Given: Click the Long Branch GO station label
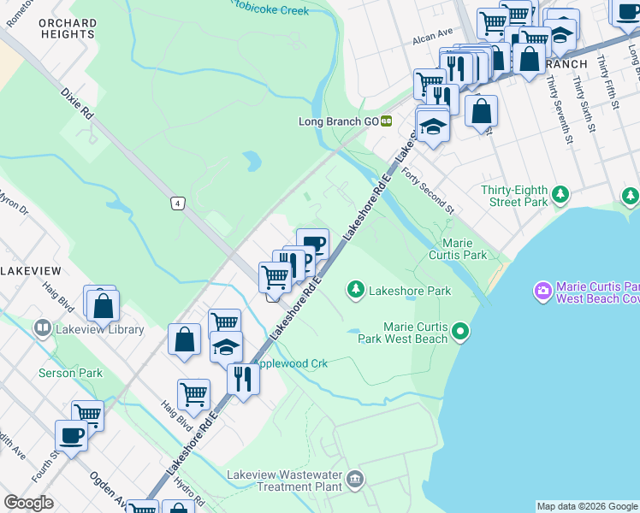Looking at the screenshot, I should pos(338,121).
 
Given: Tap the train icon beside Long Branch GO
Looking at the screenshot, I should pos(387,121).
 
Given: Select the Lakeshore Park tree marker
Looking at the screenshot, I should pos(355,291).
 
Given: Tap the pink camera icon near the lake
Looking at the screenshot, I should pos(542,292).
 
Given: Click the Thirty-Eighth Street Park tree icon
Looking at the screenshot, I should pos(560,195).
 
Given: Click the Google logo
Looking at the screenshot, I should pos(28,503).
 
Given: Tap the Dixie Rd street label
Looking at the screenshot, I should pos(75,100).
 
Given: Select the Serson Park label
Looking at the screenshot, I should pos(70,373).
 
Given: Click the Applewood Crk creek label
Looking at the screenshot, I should pos(295,363).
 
